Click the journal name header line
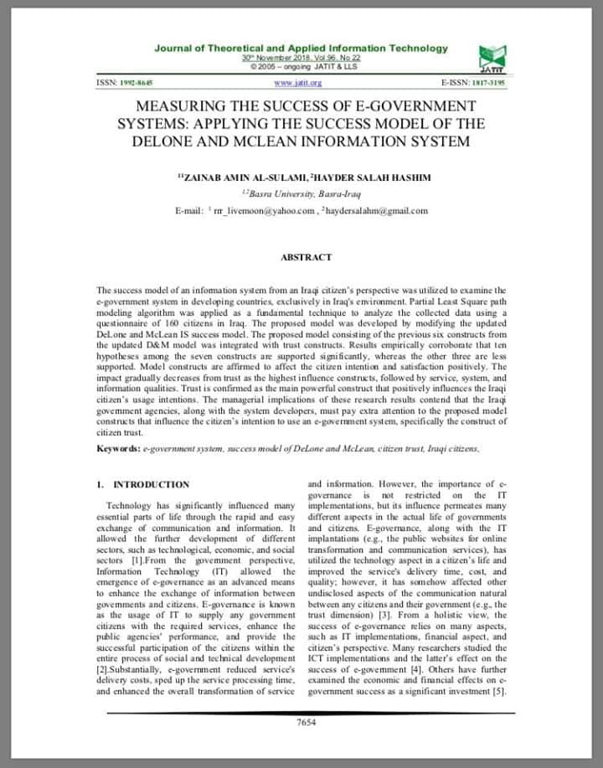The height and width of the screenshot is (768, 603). (x=301, y=49)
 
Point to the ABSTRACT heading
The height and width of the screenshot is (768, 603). (x=306, y=257)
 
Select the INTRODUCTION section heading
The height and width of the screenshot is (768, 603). (x=151, y=484)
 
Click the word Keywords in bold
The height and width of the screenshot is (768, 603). (x=117, y=449)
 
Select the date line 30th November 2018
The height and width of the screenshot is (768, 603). (x=301, y=58)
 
